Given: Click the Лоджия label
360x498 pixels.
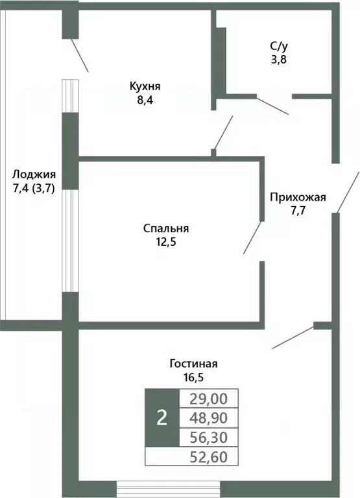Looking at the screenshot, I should pos(34,174).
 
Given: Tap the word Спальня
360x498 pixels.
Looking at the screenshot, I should pos(165,228).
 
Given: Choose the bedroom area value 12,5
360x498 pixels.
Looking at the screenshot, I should pos(165,242).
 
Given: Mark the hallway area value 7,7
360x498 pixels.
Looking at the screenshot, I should pos(298,211).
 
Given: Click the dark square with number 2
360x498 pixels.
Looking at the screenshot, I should pos(162,418).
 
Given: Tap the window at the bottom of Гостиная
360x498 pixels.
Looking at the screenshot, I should pos(168,488).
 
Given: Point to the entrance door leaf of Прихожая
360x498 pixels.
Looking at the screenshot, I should pos(348,191).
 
